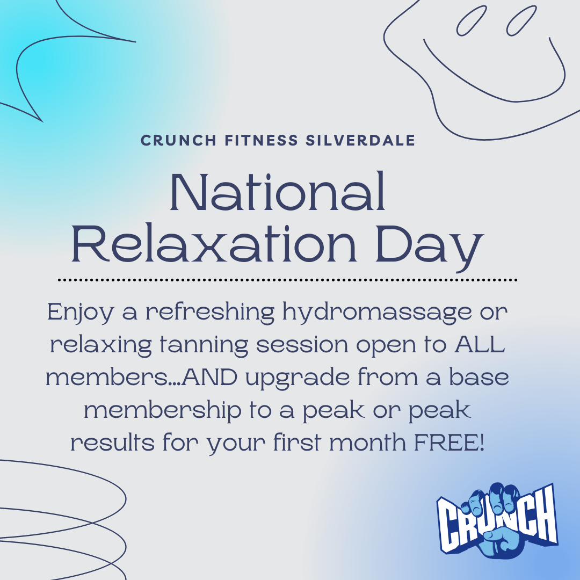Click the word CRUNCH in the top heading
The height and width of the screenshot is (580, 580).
tap(178, 141)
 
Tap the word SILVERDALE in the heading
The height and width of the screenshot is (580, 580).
tap(360, 141)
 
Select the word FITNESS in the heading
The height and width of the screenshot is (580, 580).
tap(261, 141)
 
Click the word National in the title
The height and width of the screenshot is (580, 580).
tap(278, 191)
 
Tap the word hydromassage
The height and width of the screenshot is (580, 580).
tap(377, 313)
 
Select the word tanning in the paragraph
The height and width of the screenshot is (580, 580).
tap(204, 346)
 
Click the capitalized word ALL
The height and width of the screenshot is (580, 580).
tap(480, 344)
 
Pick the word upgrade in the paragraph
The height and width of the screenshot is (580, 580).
tap(298, 379)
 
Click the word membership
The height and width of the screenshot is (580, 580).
tap(163, 411)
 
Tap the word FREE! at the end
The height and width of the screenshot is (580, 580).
tap(449, 443)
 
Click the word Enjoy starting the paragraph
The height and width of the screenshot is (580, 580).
tap(80, 313)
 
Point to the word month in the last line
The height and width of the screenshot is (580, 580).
tap(367, 442)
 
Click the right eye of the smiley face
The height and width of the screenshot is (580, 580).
tap(521, 21)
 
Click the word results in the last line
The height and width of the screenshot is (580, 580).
tap(112, 442)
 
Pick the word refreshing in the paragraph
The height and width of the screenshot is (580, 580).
tap(210, 313)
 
